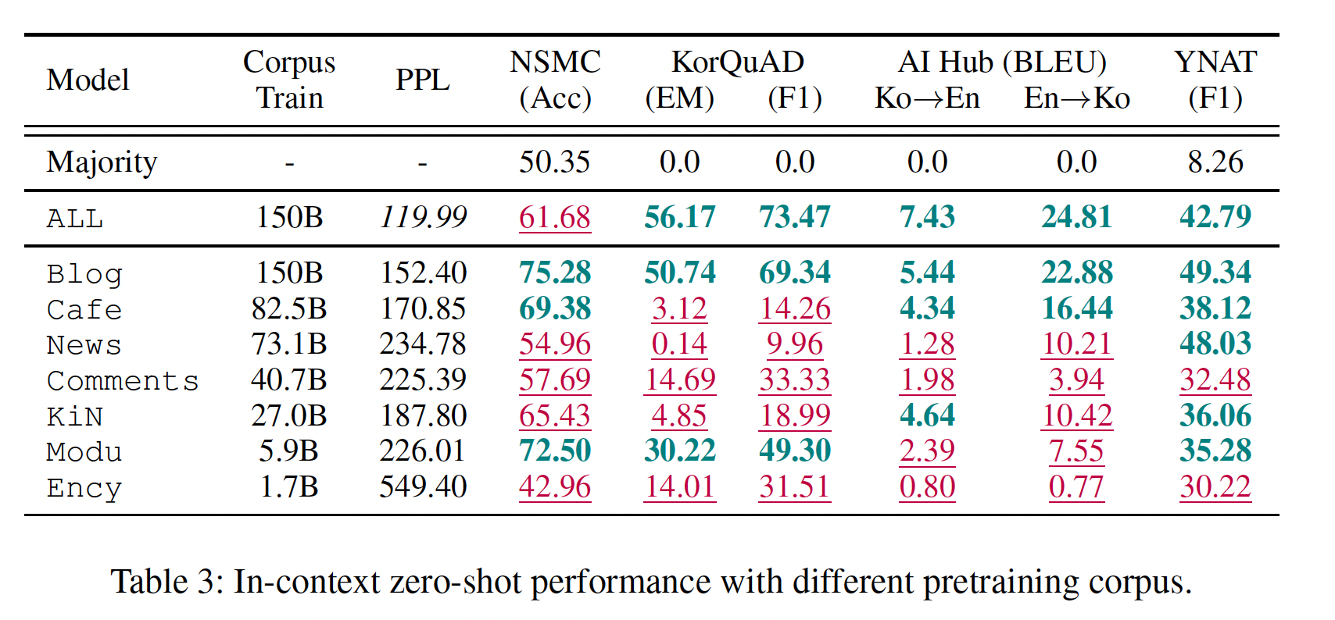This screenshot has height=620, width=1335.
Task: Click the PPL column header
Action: (422, 80)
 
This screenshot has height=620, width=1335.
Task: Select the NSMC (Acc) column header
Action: (555, 80)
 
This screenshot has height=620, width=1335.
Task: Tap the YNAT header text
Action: (1215, 62)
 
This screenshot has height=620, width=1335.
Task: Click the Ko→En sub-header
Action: (927, 98)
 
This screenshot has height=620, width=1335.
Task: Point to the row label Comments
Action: (123, 381)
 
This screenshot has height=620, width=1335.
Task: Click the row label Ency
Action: (84, 488)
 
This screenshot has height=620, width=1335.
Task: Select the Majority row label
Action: (102, 162)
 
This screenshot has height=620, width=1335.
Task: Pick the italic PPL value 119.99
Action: (423, 217)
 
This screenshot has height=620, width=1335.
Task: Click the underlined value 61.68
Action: (555, 217)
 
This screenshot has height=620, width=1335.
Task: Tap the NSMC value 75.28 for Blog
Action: (555, 273)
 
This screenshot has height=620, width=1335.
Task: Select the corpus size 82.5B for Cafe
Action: (289, 308)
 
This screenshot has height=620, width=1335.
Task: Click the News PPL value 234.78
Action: (423, 344)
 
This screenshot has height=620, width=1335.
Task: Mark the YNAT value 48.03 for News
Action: (1215, 344)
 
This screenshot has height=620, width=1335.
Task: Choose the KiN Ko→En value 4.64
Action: (927, 415)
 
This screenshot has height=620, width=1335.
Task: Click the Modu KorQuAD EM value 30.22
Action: (679, 451)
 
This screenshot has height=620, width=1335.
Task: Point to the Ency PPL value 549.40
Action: (423, 487)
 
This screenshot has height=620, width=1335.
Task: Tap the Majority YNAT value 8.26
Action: (1215, 162)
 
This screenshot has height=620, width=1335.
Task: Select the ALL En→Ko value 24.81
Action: (1076, 217)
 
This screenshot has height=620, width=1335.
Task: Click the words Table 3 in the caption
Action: (161, 583)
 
